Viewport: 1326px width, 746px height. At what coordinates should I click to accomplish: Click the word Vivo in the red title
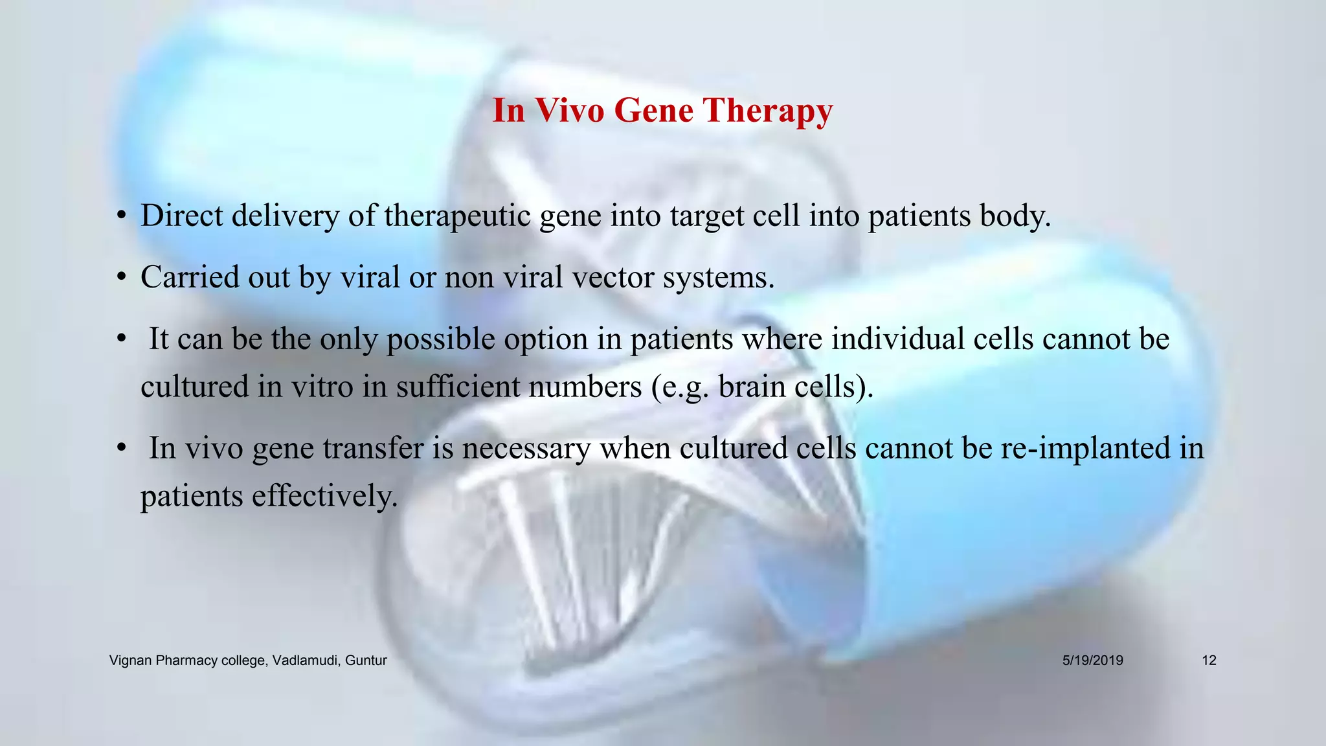(570, 110)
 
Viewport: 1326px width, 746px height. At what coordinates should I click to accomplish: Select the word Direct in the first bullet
(182, 216)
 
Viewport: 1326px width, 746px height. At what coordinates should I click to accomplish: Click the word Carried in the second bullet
(182, 277)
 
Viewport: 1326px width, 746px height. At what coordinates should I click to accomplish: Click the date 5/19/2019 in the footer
(1092, 661)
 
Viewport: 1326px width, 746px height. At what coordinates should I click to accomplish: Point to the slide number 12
(1209, 661)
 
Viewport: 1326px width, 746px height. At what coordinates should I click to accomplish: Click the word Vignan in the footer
(130, 661)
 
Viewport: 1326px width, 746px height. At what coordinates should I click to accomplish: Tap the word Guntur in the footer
(366, 661)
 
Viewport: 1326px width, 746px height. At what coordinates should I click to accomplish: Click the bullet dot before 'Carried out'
(121, 278)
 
